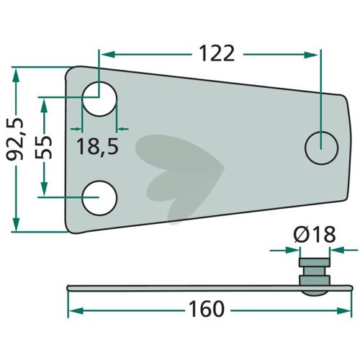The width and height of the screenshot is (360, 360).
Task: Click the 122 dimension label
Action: coord(217,53)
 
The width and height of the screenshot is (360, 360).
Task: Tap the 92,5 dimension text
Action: coord(15,139)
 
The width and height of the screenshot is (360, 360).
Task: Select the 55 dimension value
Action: coord(43,147)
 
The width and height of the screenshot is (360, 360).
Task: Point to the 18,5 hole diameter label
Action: coord(97,147)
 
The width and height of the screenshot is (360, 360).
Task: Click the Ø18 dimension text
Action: coord(315,235)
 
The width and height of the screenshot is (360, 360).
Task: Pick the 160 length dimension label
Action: coord(207,309)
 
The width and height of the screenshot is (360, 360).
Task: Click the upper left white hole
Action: coord(99,99)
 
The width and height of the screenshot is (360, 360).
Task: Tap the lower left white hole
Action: coord(99,198)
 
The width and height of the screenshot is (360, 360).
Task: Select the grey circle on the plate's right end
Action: coord(321,148)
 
